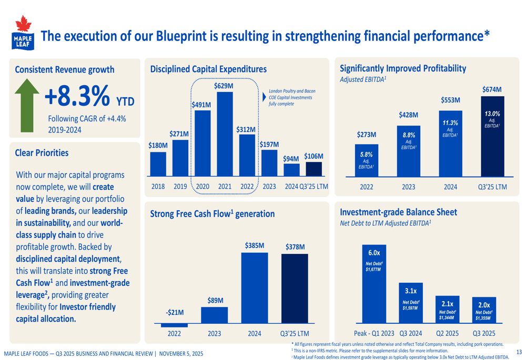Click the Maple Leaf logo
[22, 33]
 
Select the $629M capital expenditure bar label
[224, 86]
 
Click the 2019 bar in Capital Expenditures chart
[179, 158]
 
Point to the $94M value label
[291, 158]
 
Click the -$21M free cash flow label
[175, 312]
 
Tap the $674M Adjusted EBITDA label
[492, 90]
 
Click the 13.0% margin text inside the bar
[492, 114]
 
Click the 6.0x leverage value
[374, 253]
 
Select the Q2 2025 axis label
[447, 333]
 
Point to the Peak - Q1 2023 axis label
[374, 333]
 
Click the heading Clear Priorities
[42, 153]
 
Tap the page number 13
[519, 352]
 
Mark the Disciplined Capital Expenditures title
[208, 69]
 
